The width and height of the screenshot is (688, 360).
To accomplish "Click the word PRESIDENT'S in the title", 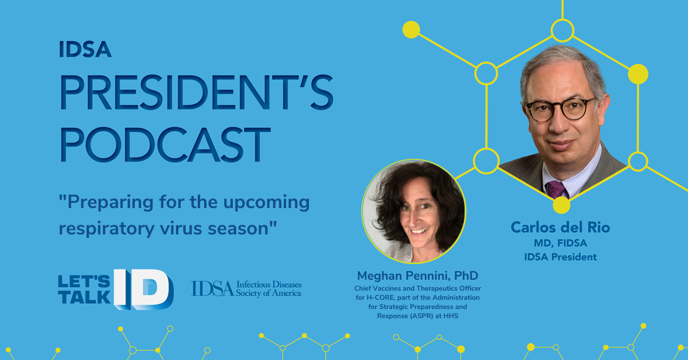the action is [197, 92].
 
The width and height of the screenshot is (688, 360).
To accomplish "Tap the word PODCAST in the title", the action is [165, 144].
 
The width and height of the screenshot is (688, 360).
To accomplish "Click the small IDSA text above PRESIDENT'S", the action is [85, 49].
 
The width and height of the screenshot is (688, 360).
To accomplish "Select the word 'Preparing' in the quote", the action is [106, 203].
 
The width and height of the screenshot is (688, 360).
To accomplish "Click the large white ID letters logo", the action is [144, 289].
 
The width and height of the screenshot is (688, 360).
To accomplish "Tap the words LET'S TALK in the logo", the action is [84, 289].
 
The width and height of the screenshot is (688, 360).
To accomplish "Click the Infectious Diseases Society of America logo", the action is [246, 289].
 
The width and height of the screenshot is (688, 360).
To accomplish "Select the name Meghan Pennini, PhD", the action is [418, 276].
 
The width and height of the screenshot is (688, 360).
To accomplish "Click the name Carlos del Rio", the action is [561, 228].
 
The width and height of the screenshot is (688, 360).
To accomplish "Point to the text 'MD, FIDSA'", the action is [561, 243].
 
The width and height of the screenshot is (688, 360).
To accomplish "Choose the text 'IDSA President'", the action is [561, 257].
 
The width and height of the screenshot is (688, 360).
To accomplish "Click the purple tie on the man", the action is [557, 189].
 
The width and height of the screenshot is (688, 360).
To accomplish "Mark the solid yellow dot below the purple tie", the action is [561, 205].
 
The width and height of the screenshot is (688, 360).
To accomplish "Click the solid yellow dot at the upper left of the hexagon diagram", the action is [411, 30].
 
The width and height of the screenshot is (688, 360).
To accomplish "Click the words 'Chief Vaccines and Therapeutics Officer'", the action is [418, 288].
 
